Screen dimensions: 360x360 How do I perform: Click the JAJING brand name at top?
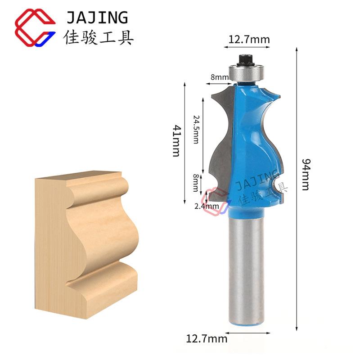point(97,18)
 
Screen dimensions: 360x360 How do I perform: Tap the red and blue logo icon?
point(35,27)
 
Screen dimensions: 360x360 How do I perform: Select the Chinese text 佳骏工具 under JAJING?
point(98,37)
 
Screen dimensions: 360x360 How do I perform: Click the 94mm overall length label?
point(306,175)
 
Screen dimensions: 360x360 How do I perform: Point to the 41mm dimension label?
point(177,140)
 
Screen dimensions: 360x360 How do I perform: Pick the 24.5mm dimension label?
point(196,129)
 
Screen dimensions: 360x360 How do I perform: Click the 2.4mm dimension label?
point(207,206)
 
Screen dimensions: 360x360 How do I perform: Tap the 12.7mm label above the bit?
point(249,40)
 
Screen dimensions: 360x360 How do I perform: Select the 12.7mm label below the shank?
point(207,339)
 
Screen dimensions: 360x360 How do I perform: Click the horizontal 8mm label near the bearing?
point(220,77)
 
